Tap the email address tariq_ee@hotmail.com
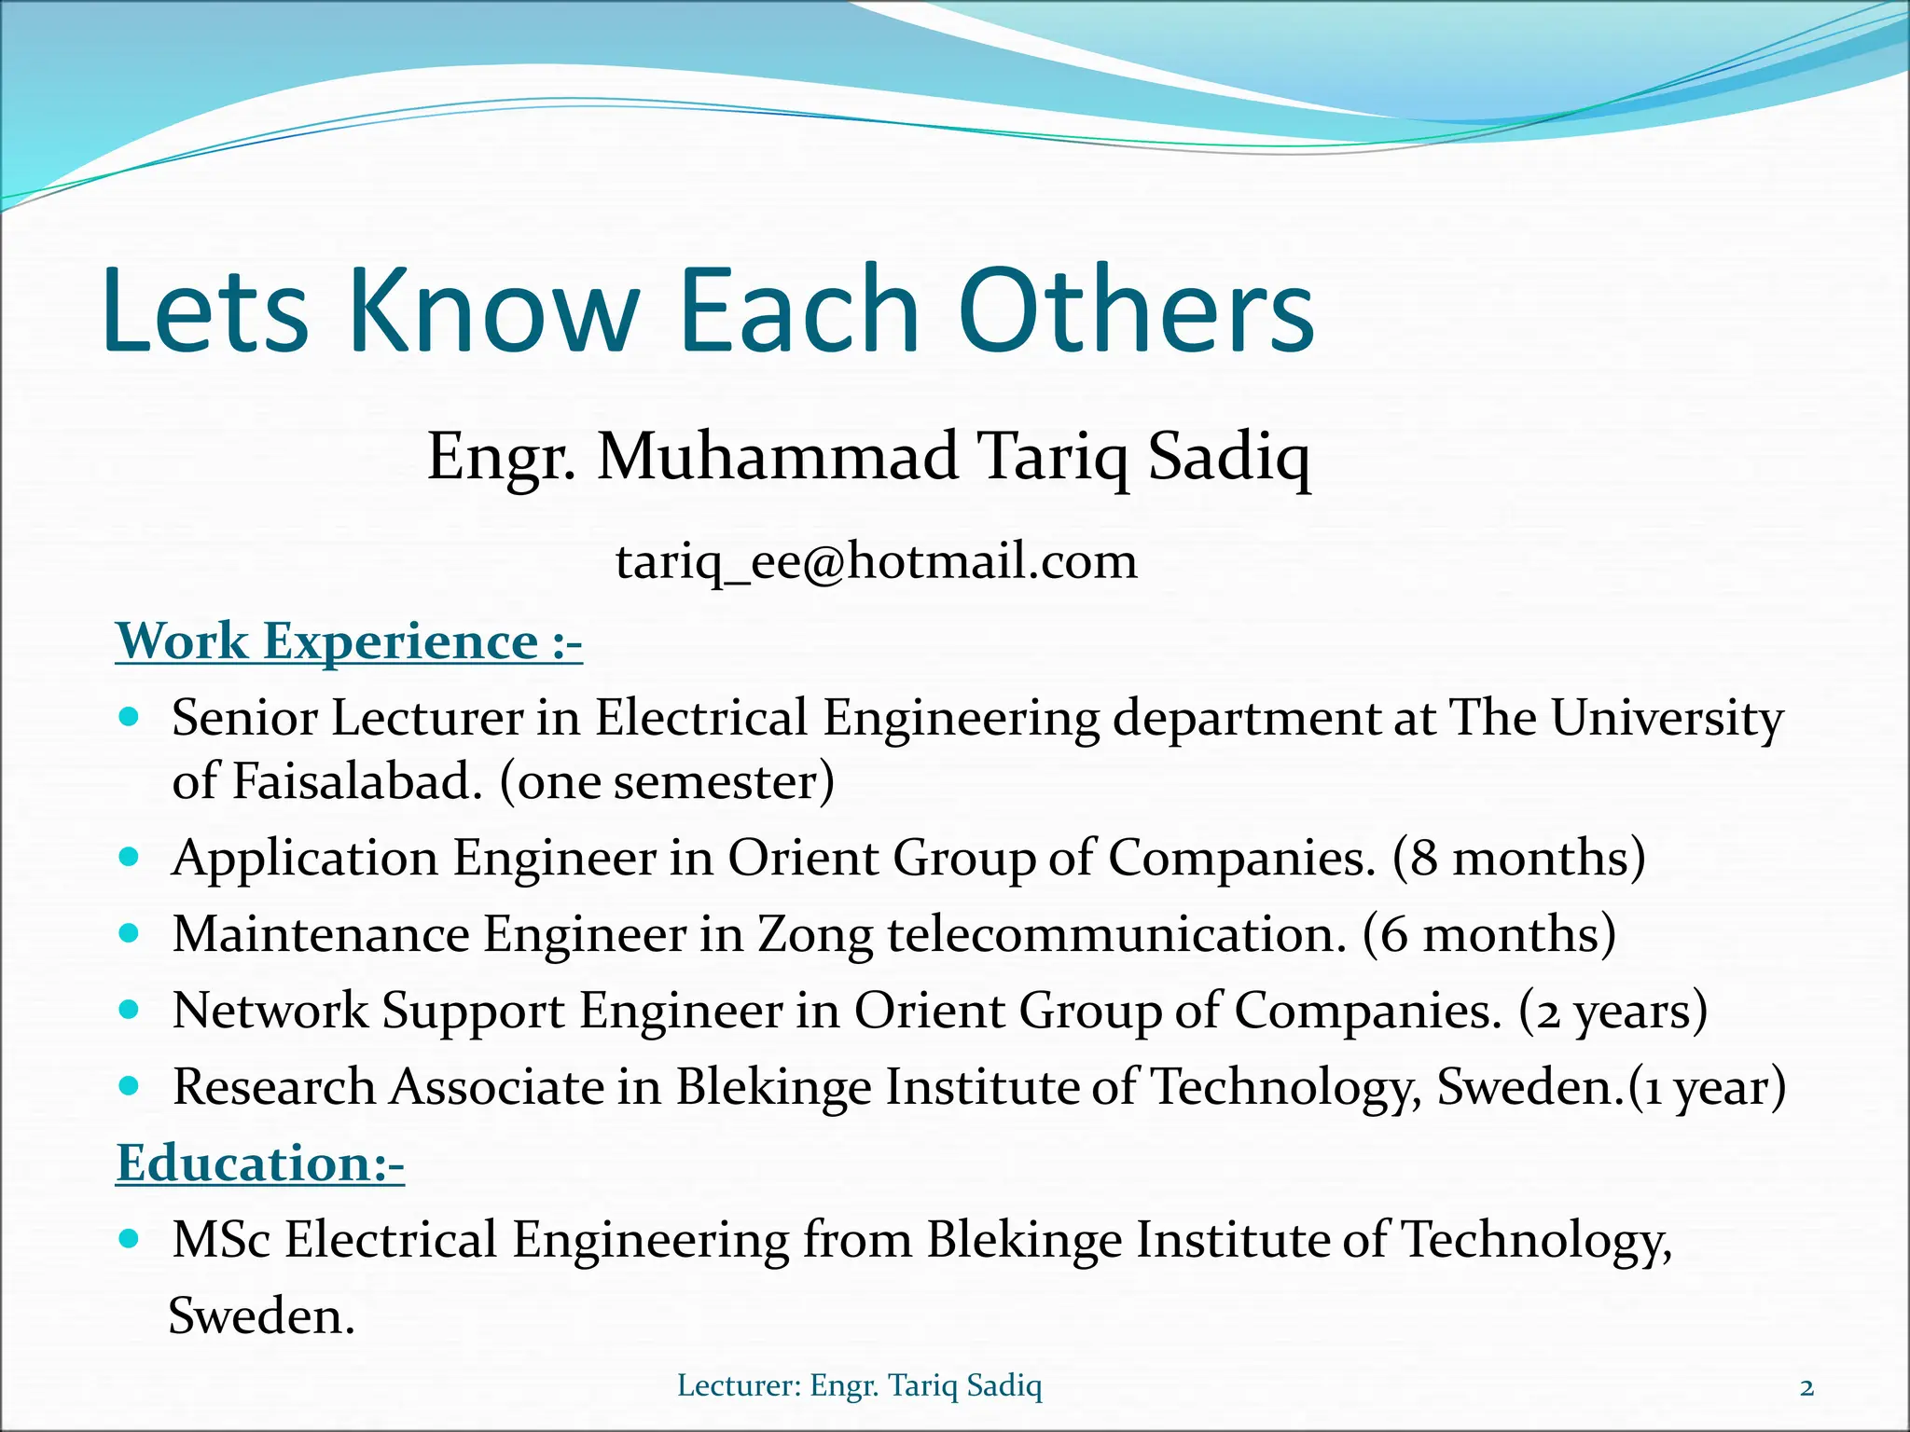point(876,561)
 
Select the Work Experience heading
point(349,641)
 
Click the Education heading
point(260,1163)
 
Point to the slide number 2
point(1806,1387)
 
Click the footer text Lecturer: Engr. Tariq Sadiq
point(859,1385)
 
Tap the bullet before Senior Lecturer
point(131,718)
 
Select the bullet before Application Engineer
point(131,857)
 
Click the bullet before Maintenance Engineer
point(131,933)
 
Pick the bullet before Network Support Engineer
point(131,1010)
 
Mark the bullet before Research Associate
point(131,1086)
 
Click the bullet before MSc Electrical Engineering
point(131,1239)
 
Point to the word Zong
point(815,935)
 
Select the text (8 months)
point(1518,858)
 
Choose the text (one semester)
point(667,781)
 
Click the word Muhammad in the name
point(778,457)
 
